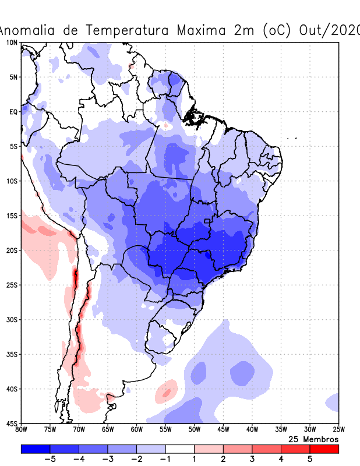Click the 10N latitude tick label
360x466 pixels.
(x=11, y=43)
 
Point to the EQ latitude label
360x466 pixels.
(x=12, y=112)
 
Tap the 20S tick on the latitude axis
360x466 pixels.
(x=11, y=250)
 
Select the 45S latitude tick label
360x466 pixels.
(x=11, y=423)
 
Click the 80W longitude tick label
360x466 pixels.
(x=22, y=430)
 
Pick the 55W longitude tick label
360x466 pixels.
(x=165, y=430)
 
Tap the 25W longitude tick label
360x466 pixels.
(x=338, y=430)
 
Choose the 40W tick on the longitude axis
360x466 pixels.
(x=252, y=430)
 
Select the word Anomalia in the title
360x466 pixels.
(x=35, y=30)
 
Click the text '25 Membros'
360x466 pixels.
(x=313, y=439)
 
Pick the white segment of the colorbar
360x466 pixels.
(x=180, y=449)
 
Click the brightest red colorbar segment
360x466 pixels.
(x=324, y=449)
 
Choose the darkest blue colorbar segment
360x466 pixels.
(x=36, y=449)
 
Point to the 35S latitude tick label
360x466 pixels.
(x=11, y=354)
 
